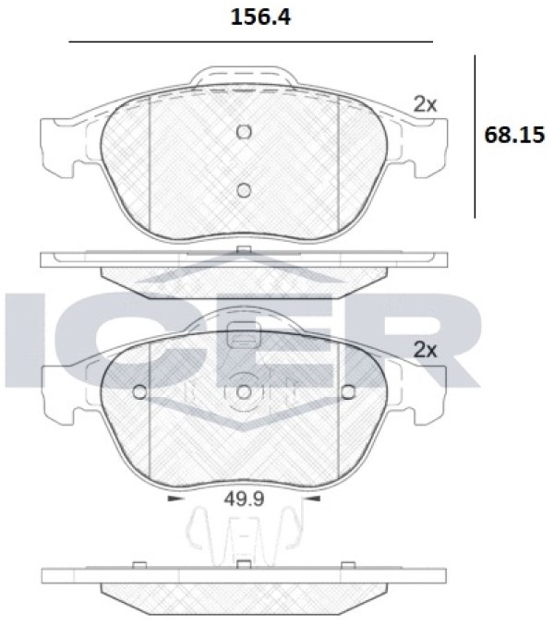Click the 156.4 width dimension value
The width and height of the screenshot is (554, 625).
[260, 18]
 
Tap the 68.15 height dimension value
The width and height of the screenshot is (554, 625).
[514, 135]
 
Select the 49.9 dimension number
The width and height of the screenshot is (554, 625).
[244, 499]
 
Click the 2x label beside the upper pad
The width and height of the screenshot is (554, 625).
[425, 105]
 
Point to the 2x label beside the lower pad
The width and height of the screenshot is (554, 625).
[425, 351]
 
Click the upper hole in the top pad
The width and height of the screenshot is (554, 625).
[244, 132]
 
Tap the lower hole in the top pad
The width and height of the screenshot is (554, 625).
[244, 190]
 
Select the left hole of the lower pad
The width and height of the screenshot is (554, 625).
[139, 392]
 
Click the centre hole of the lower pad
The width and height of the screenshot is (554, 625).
[244, 392]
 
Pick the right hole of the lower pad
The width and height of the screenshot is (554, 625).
[348, 392]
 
